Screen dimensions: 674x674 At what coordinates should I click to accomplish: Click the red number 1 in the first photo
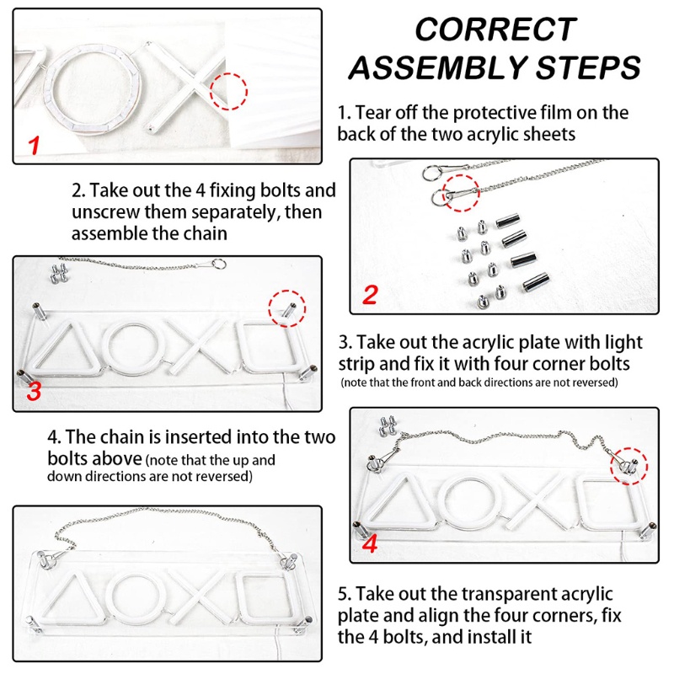point(34,145)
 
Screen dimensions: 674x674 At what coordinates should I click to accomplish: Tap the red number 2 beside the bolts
point(369,296)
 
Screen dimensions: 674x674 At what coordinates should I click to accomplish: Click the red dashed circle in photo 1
point(229,91)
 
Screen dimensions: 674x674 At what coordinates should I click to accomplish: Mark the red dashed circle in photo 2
point(460,194)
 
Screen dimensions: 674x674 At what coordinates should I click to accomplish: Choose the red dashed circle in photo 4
point(629,463)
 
